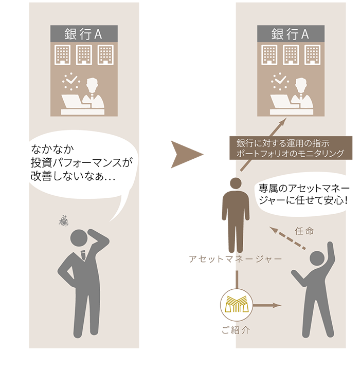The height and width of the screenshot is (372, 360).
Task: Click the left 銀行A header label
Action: pos(84,34)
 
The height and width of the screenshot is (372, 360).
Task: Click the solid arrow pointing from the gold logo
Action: pos(268,305)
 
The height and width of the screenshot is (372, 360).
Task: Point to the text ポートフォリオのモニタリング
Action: pos(290,154)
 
